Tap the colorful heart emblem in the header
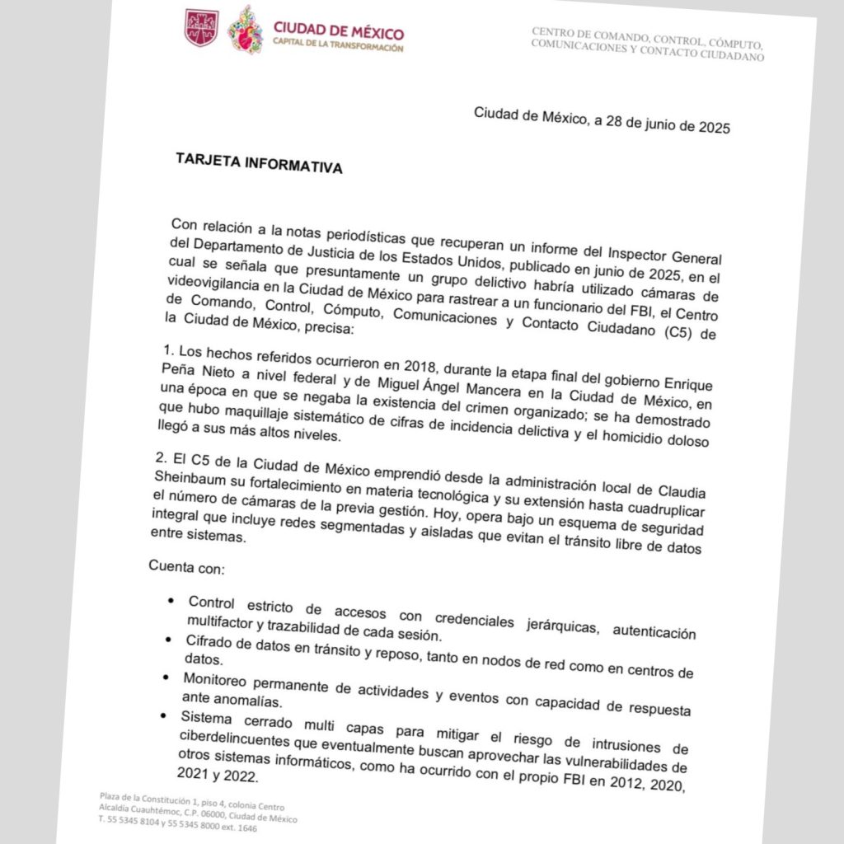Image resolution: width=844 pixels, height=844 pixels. click(x=245, y=30)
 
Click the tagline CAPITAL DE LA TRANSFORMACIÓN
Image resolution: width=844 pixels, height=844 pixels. click(x=338, y=48)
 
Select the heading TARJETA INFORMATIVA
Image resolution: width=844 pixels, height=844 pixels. click(x=259, y=162)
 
